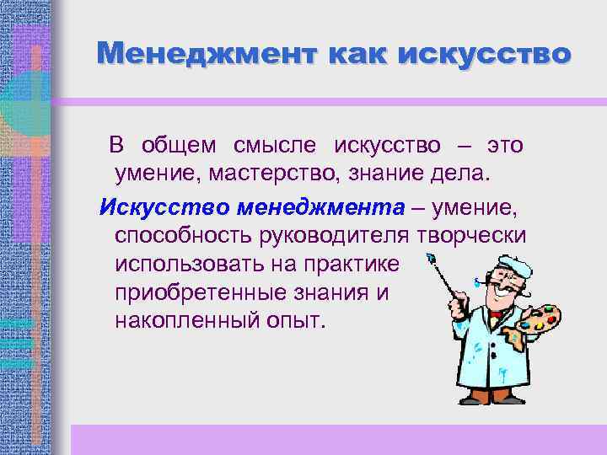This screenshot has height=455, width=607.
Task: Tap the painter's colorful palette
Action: tap(536, 320)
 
